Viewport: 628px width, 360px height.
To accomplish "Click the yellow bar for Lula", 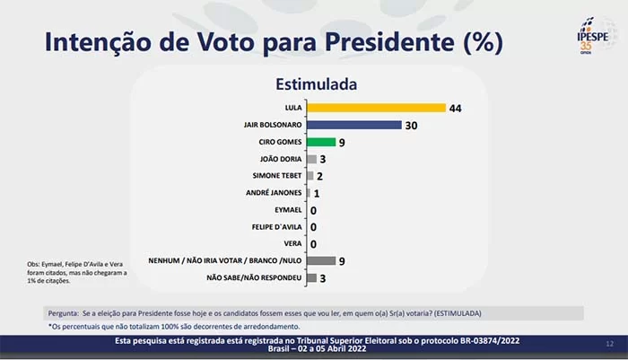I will [376, 108].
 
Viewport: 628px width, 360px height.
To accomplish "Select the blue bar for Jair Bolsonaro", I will [353, 125].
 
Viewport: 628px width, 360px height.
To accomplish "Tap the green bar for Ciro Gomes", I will [320, 142].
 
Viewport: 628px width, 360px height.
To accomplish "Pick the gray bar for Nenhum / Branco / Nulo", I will [320, 260].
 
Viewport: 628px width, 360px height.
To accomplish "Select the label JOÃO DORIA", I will [281, 159].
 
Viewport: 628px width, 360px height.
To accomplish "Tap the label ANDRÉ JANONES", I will [275, 193].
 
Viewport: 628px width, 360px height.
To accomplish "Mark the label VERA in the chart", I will [292, 243].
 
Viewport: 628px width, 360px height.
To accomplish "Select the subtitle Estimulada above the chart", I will [316, 84].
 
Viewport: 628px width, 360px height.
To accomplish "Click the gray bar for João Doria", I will [310, 159].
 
